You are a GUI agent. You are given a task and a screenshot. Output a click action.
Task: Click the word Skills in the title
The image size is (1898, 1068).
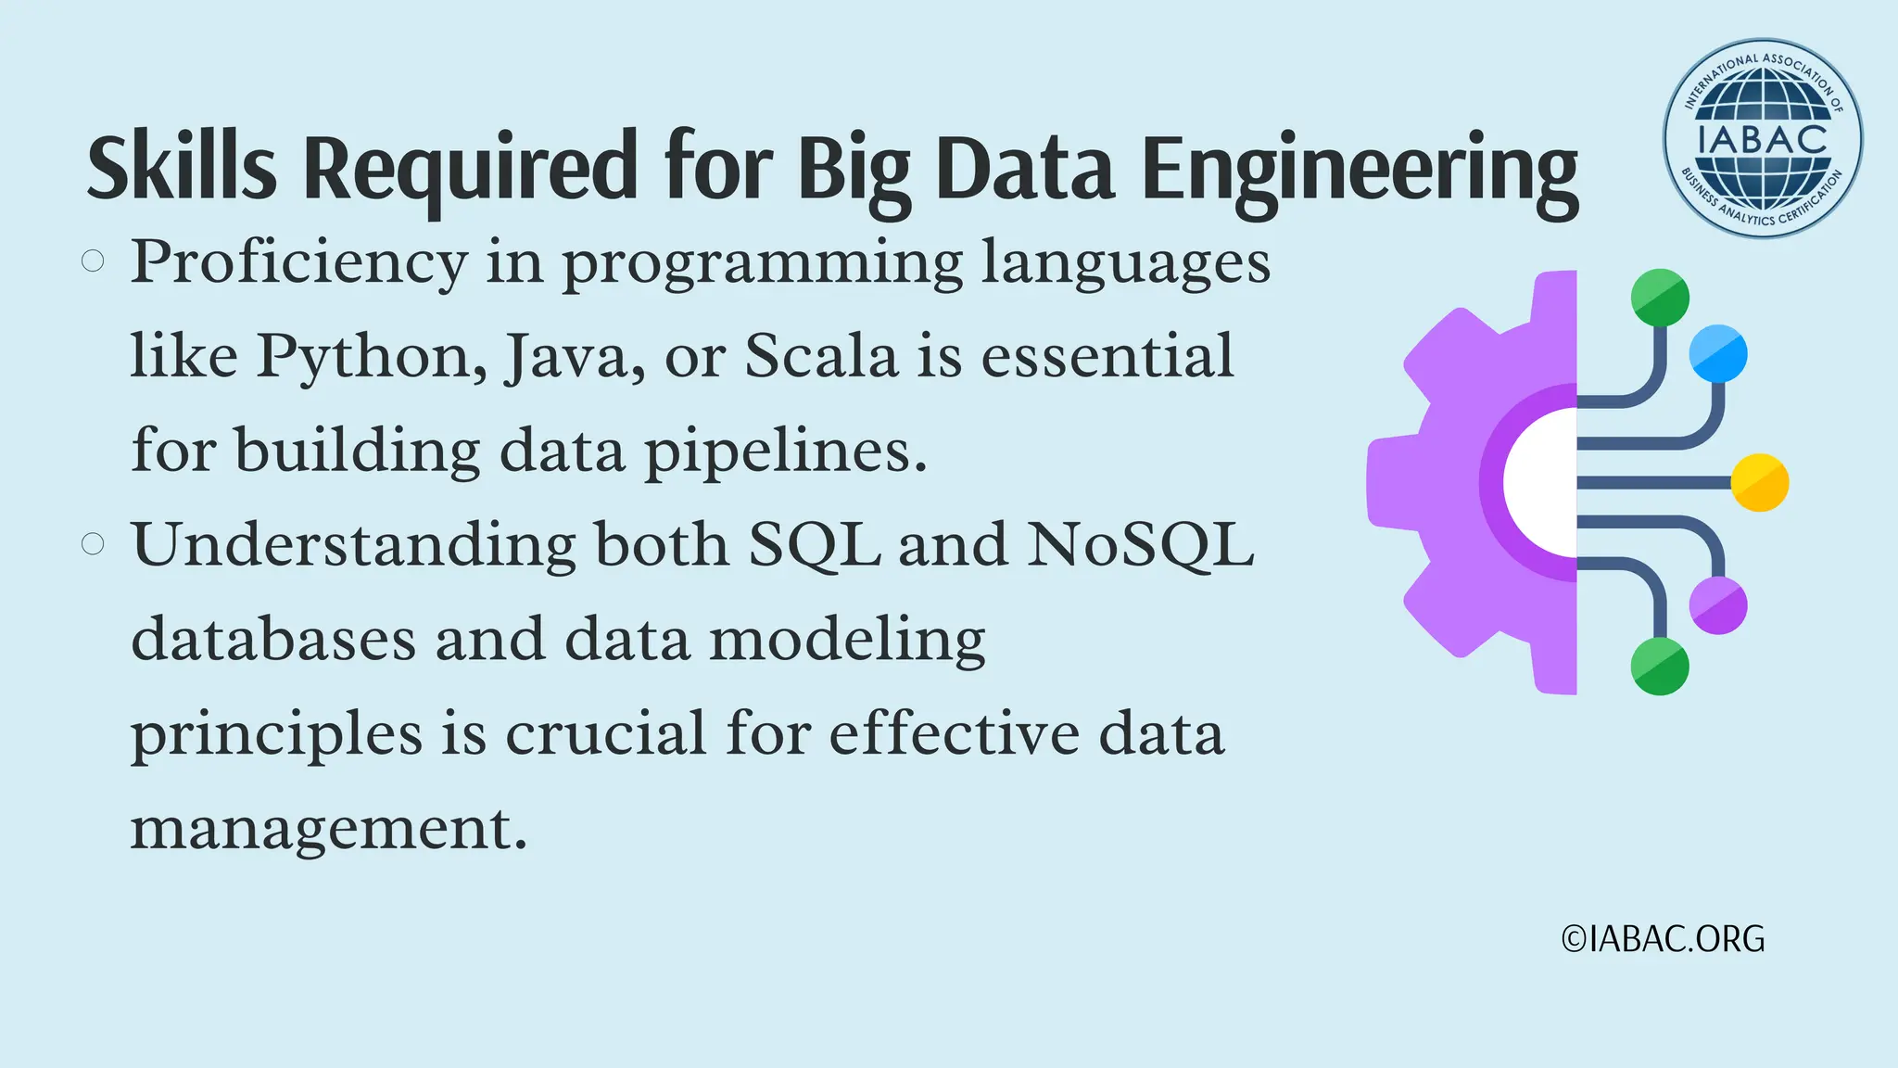[x=182, y=168]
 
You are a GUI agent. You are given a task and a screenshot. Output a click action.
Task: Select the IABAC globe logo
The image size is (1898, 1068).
[x=1763, y=139]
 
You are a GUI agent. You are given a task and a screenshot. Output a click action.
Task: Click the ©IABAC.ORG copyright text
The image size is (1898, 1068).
[x=1663, y=939]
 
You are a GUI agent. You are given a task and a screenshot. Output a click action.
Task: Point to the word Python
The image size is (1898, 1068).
[x=372, y=357]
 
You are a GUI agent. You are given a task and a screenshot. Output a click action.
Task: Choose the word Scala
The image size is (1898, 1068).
[x=821, y=355]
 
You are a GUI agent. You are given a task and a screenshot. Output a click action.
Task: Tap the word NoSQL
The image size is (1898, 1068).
[x=1140, y=544]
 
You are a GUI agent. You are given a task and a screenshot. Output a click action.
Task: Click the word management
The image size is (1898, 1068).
[x=328, y=828]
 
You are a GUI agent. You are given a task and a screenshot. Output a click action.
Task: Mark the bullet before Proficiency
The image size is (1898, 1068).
[x=93, y=261]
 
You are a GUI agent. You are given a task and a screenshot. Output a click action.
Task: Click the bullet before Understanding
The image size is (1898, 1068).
[x=93, y=543]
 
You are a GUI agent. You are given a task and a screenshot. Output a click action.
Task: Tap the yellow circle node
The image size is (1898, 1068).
[x=1759, y=483]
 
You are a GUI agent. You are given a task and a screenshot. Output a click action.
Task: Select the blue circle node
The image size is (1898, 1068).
[x=1718, y=353]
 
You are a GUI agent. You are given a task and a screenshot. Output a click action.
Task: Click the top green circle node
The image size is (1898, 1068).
[x=1660, y=298]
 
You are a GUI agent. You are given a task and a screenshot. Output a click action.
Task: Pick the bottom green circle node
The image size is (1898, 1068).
[x=1660, y=666]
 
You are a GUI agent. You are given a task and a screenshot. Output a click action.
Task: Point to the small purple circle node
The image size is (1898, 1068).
[x=1718, y=605]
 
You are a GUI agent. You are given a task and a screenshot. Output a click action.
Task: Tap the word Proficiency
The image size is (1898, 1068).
[x=298, y=263]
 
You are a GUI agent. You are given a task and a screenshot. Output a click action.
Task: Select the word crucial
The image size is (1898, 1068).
[x=606, y=733]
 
